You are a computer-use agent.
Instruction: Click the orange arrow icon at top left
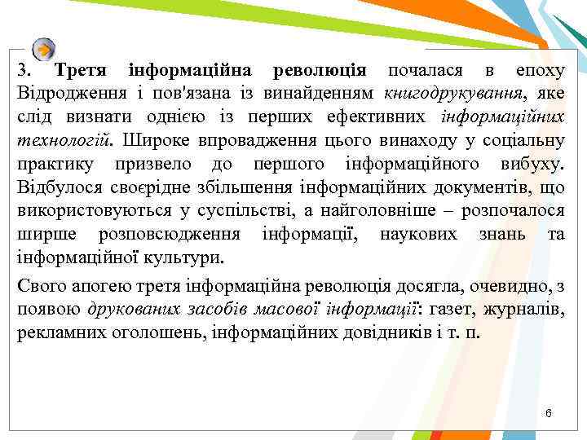tap(46, 48)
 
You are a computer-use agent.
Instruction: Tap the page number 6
tap(549, 414)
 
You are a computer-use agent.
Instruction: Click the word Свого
tap(40, 288)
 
